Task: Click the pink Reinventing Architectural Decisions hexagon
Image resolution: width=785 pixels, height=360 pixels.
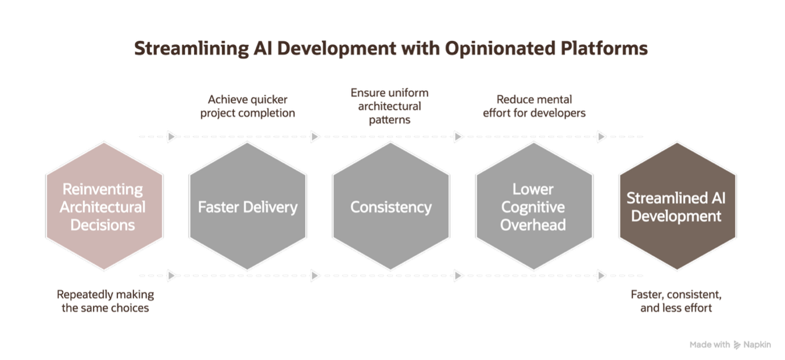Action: tap(104, 206)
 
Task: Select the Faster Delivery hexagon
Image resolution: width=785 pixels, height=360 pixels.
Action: tap(247, 206)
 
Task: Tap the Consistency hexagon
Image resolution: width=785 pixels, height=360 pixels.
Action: tap(391, 206)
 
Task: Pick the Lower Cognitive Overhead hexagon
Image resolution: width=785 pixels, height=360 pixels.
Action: tap(534, 206)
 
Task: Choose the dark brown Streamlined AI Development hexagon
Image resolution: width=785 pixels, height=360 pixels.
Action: tap(677, 206)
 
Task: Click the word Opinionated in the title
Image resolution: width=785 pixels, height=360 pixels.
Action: tap(500, 49)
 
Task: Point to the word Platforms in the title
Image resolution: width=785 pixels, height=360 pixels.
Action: tap(604, 48)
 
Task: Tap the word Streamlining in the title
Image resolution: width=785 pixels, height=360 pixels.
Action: tap(191, 49)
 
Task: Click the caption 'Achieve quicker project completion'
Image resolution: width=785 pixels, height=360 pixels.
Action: tap(247, 106)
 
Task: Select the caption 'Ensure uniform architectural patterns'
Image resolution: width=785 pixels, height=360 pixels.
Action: tap(389, 106)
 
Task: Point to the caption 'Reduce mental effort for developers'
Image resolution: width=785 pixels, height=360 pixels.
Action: tap(534, 106)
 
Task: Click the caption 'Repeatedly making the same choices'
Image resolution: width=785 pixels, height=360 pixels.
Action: tap(105, 301)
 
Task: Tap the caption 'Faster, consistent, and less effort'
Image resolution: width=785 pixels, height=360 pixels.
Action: tap(676, 301)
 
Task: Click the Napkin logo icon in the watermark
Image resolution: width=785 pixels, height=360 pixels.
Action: tap(737, 345)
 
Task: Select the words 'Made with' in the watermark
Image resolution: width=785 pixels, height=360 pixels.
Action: tap(710, 345)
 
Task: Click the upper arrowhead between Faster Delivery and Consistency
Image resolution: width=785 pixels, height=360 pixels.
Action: tap(315, 136)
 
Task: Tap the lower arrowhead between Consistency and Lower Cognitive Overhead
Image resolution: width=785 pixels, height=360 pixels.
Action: tap(458, 276)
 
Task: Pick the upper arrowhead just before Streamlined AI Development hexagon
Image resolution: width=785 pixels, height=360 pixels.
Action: tap(601, 136)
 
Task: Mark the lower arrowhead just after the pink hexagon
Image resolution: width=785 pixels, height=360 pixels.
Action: tap(171, 276)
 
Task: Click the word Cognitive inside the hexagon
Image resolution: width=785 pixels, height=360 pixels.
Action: tap(533, 207)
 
